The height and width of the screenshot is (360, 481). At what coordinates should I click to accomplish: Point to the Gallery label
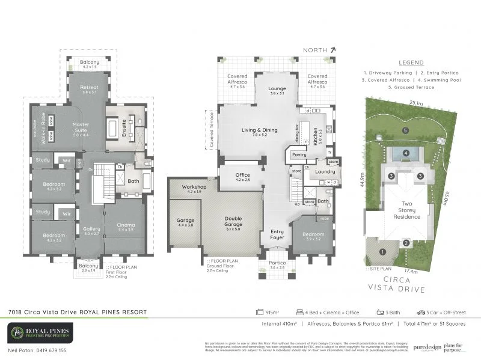(91, 229)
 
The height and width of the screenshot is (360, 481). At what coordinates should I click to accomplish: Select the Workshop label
(194, 187)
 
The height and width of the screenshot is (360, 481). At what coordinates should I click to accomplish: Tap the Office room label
(242, 175)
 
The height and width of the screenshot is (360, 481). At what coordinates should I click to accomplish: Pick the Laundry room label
(324, 172)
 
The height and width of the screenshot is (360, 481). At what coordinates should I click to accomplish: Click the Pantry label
(299, 154)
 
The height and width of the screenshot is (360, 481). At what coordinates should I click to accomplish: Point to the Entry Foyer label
(277, 234)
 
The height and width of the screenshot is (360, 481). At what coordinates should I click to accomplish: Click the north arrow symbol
(324, 51)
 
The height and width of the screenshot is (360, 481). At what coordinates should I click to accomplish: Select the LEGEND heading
(411, 63)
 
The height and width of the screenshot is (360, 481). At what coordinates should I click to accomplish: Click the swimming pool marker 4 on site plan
(406, 153)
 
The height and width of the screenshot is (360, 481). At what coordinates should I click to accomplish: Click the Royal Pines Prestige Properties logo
(40, 332)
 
